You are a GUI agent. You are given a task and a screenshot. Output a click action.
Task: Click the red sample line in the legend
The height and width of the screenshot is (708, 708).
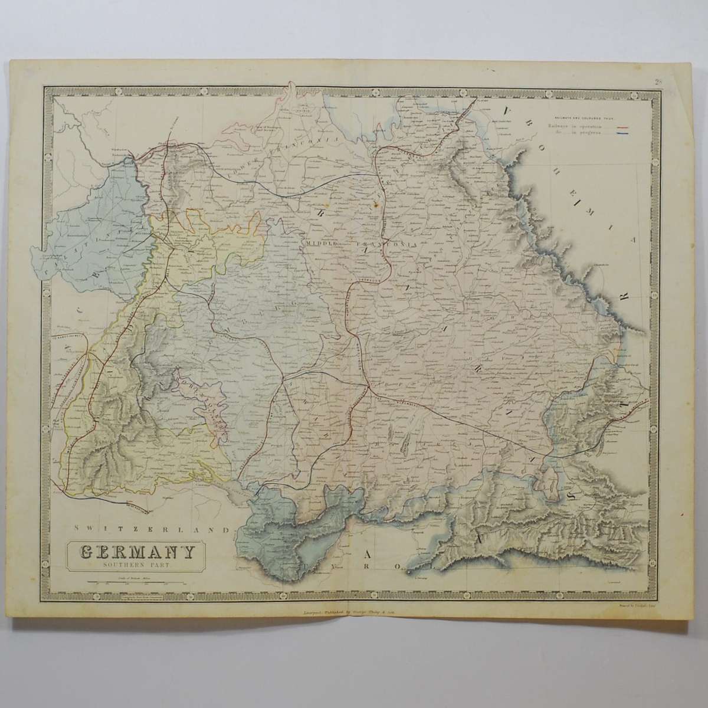click(623, 126)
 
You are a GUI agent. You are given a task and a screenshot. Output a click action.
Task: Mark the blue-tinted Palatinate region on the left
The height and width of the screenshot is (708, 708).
click(88, 230)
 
